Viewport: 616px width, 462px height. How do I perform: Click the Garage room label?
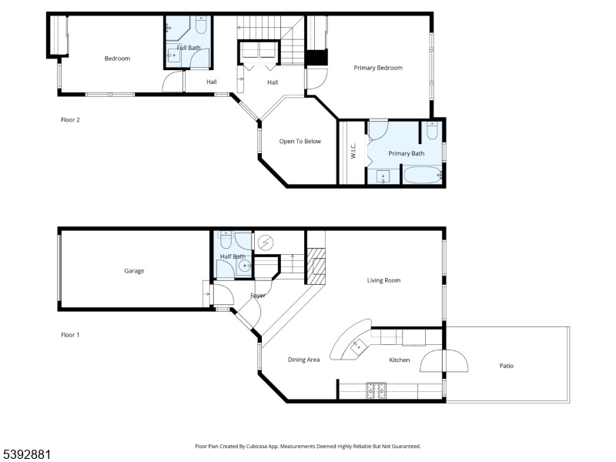point(134,271)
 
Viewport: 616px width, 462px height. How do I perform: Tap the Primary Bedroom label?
point(378,68)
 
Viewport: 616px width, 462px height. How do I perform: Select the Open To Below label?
point(300,141)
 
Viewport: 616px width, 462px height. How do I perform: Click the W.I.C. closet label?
point(353,151)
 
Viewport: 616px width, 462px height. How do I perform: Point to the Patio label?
point(507,366)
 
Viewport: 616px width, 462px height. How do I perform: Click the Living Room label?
point(383,280)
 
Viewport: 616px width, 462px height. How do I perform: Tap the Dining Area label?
point(303,360)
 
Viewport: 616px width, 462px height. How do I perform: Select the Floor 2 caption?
point(70,120)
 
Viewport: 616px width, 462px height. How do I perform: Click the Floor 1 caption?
point(70,335)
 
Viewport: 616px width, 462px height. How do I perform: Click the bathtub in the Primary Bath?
point(422,175)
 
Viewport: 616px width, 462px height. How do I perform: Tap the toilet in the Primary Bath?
point(432,130)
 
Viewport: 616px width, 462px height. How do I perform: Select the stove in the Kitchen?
point(376,390)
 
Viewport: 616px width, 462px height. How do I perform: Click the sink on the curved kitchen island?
point(359,348)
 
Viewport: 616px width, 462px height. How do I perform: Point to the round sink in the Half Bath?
point(245,266)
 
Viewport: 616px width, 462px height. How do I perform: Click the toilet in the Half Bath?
point(226,240)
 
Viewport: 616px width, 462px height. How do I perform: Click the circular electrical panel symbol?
point(265,243)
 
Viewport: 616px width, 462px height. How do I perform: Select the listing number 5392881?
point(25,454)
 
